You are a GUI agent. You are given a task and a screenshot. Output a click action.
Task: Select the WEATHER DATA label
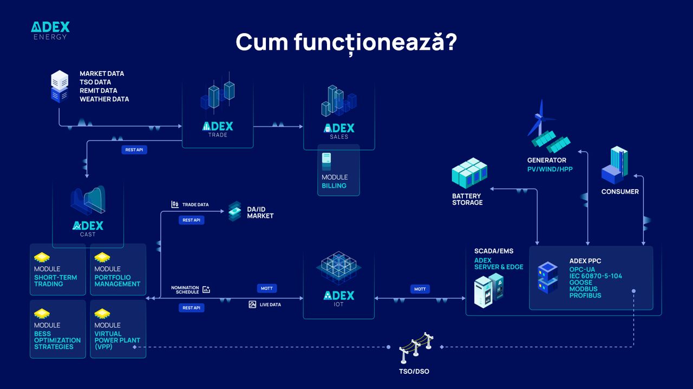pos(104,99)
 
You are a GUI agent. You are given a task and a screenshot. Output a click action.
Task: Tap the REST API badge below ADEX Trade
pos(134,150)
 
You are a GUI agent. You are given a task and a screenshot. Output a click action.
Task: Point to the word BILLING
pos(334,186)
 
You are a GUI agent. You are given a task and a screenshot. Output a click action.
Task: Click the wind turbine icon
pos(540,119)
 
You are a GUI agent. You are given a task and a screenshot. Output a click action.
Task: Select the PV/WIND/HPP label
pos(550,169)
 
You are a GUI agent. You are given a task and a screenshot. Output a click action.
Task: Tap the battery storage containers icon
pos(469,173)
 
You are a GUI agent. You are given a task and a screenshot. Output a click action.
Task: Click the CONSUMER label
pos(620,191)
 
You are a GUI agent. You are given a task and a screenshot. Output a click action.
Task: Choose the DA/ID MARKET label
pos(260,212)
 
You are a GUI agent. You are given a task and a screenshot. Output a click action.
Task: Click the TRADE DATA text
pos(195,205)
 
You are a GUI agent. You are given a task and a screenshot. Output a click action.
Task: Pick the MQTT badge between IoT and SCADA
pos(420,289)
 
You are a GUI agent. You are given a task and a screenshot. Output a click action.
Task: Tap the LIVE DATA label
pos(270,305)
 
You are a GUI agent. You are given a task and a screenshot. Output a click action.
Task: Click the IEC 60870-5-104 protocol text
pos(596,276)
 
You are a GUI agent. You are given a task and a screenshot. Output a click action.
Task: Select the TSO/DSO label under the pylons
pos(414,371)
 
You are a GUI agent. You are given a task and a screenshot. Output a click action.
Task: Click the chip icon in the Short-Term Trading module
pos(42,257)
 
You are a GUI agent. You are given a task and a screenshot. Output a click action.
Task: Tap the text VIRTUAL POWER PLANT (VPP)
pos(117,340)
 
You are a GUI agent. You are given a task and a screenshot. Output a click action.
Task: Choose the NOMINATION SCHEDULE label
pos(185,290)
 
